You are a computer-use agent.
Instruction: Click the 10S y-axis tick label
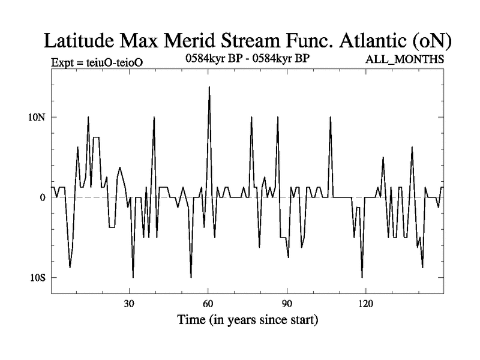pos(37,278)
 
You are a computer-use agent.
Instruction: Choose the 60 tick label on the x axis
pos(208,302)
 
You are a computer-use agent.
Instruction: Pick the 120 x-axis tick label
pos(365,302)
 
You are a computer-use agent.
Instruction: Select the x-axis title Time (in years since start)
pos(247,319)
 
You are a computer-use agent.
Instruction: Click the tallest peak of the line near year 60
pos(209,87)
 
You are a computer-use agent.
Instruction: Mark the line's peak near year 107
pos(330,117)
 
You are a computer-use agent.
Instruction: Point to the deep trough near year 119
pos(362,277)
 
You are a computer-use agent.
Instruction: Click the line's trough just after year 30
pos(133,277)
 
